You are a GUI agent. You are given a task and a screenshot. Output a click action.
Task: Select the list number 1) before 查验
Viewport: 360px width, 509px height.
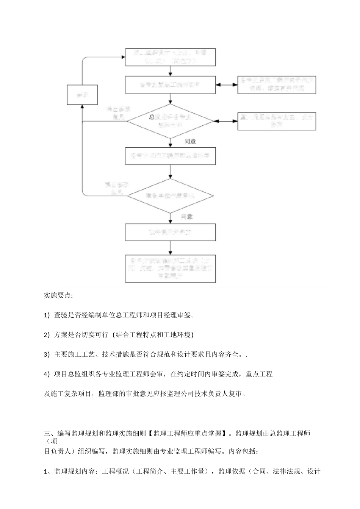[x=47, y=315]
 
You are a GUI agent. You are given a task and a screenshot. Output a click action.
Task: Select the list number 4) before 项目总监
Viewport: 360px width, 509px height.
[x=47, y=374]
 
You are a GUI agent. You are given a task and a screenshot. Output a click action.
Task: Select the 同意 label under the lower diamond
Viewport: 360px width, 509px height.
[x=186, y=217]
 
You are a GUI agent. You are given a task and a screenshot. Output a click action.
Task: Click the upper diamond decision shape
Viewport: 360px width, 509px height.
[x=171, y=121]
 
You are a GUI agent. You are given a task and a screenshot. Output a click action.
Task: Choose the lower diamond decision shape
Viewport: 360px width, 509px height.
[x=171, y=196]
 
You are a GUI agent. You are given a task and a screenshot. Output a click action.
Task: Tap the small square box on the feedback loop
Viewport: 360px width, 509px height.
[x=82, y=95]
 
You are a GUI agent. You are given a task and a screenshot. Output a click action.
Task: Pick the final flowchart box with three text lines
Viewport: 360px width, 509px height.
[x=171, y=269]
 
